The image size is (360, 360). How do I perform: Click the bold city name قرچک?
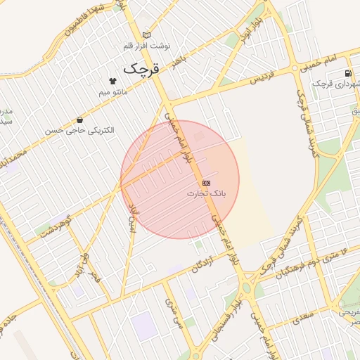(142, 68)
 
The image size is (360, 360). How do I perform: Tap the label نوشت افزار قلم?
(147, 46)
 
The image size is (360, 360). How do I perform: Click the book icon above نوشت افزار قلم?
(146, 34)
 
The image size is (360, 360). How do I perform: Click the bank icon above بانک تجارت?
(206, 182)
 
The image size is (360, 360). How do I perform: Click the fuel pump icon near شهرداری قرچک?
(349, 75)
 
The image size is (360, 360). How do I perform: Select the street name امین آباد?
(130, 218)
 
